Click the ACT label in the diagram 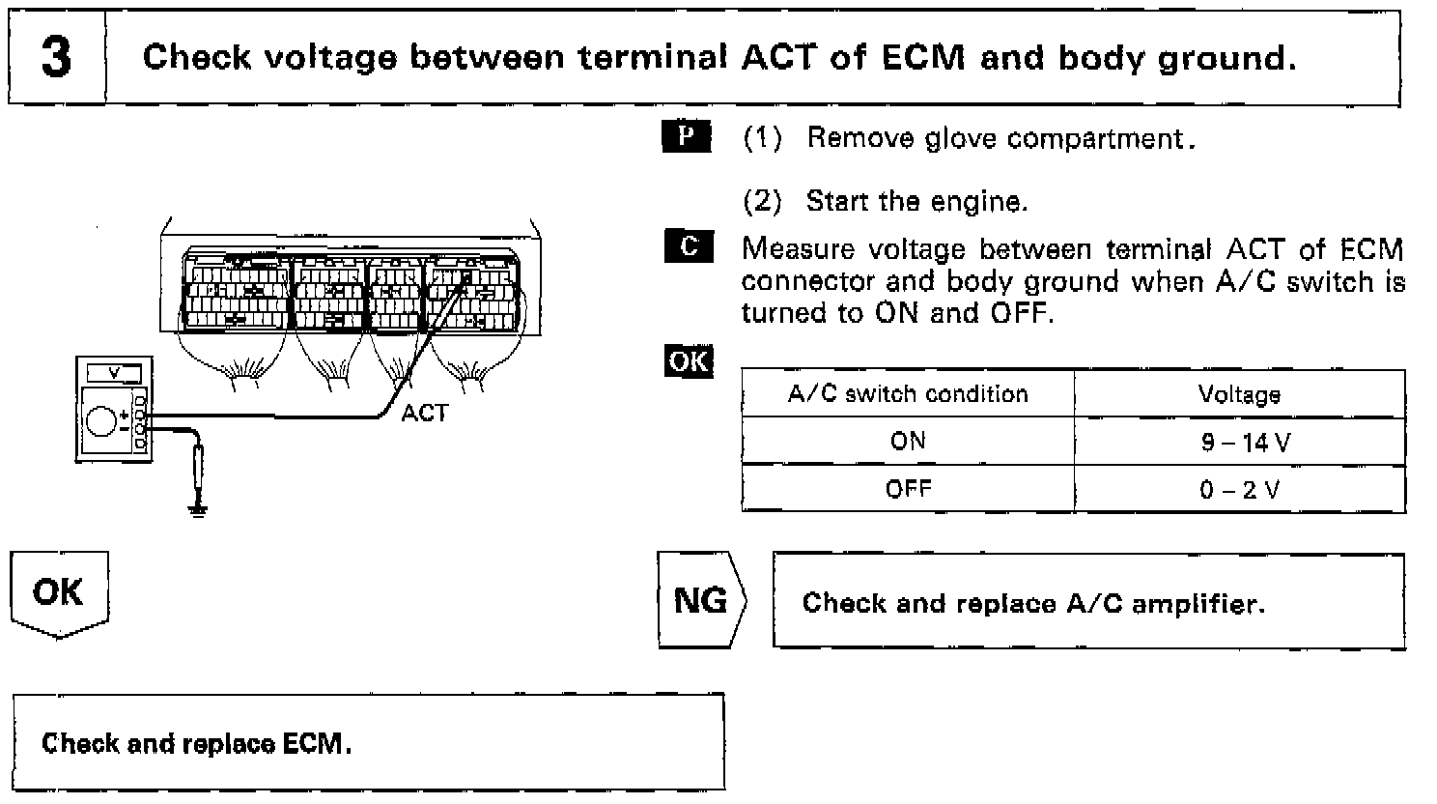(x=425, y=414)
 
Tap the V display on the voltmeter (x=114, y=372)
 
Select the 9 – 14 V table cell (x=1240, y=442)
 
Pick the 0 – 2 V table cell (x=1240, y=489)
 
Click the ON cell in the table (x=908, y=442)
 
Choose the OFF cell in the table (x=908, y=489)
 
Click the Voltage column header (x=1240, y=394)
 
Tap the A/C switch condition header (x=908, y=394)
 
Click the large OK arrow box (x=59, y=593)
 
